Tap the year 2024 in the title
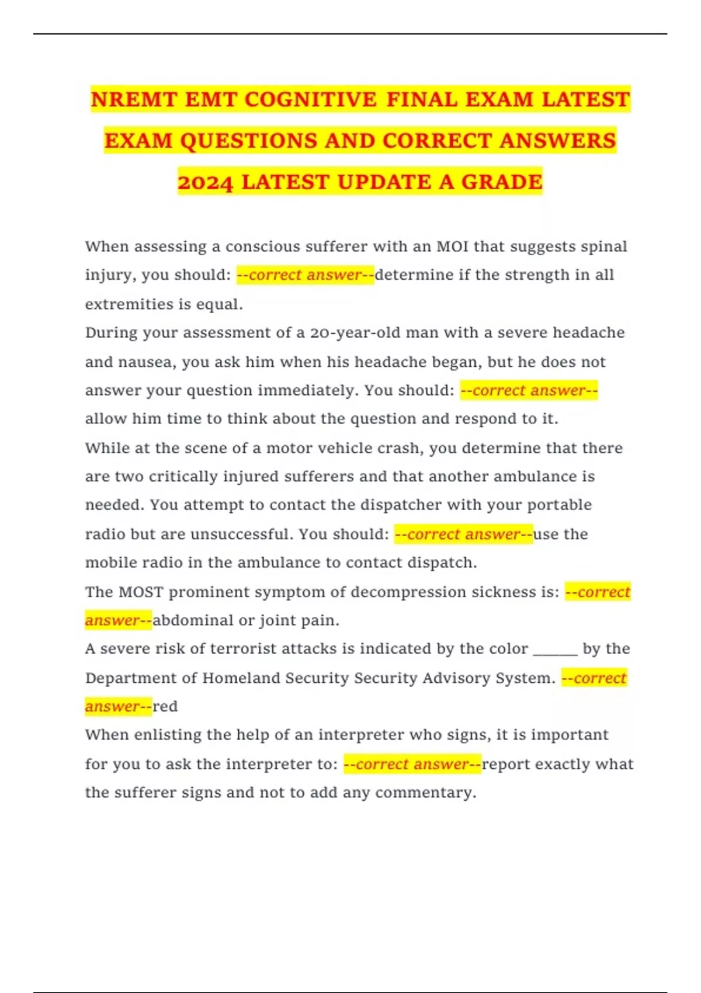[x=205, y=182]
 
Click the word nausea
[x=145, y=362]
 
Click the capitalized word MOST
[x=141, y=592]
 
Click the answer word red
[x=165, y=707]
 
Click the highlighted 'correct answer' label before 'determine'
[x=305, y=275]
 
